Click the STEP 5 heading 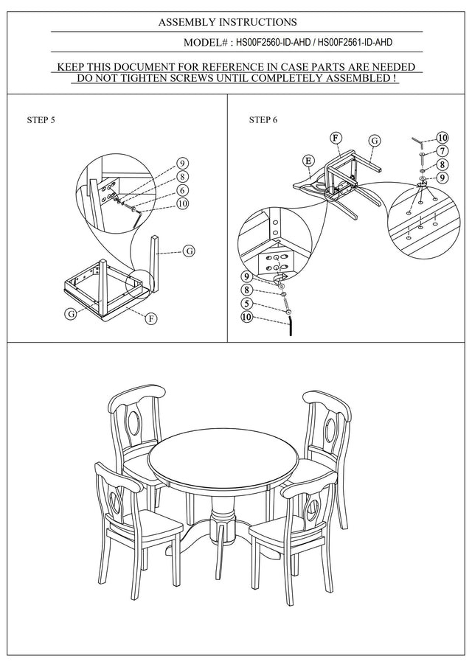coord(41,119)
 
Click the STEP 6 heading coord(263,119)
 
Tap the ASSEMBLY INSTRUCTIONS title coord(227,23)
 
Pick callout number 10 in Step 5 coord(183,203)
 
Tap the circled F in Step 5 coord(150,319)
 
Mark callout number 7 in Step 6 coord(442,151)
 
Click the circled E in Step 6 coord(308,160)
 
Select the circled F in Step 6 coord(336,138)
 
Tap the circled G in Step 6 coord(374,140)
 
